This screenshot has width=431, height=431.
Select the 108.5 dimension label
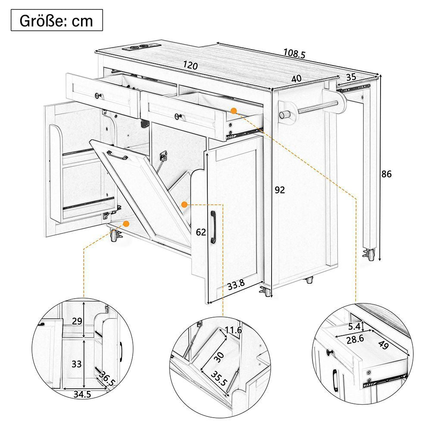pos(294,53)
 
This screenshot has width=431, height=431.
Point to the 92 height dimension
pos(280,190)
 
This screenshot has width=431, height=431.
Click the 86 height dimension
pos(387,175)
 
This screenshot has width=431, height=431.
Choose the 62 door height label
pos(201,232)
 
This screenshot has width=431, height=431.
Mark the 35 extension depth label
pos(351,78)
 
